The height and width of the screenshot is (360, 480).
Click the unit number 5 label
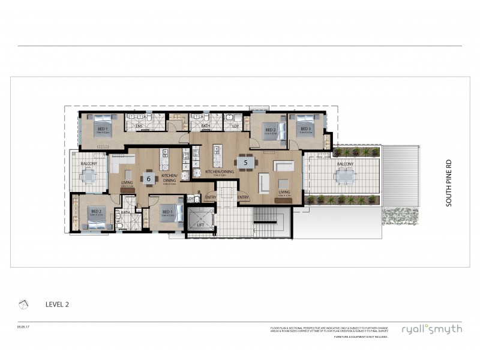(245, 161)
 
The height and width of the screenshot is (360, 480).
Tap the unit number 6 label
(149, 178)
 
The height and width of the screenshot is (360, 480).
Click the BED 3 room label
(305, 129)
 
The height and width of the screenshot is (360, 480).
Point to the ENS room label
(139, 126)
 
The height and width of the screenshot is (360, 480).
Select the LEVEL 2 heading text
(58, 304)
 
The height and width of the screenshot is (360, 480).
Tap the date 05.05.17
(24, 326)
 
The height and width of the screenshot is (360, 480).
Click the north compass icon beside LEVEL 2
(23, 304)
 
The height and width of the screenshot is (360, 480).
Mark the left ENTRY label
(211, 197)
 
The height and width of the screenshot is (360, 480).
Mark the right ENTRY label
(243, 197)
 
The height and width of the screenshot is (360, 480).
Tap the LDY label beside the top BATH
(236, 126)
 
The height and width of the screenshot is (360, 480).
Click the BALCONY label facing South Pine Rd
(344, 163)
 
